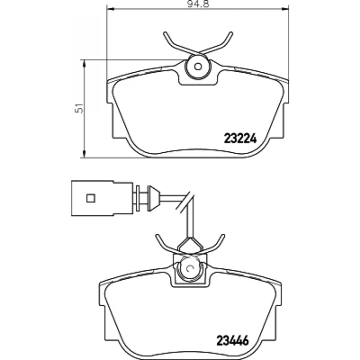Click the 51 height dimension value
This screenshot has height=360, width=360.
pyautogui.click(x=79, y=108)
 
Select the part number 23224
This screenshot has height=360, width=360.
pyautogui.click(x=240, y=138)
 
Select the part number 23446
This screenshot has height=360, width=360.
pyautogui.click(x=232, y=341)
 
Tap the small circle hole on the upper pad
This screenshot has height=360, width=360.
pyautogui.click(x=197, y=67)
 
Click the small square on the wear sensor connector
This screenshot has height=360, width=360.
pyautogui.click(x=90, y=198)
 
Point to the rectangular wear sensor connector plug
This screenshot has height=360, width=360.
pyautogui.click(x=102, y=198)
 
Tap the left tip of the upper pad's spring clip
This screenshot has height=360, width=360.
pyautogui.click(x=165, y=33)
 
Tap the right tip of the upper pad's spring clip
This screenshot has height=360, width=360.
pyautogui.click(x=231, y=33)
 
